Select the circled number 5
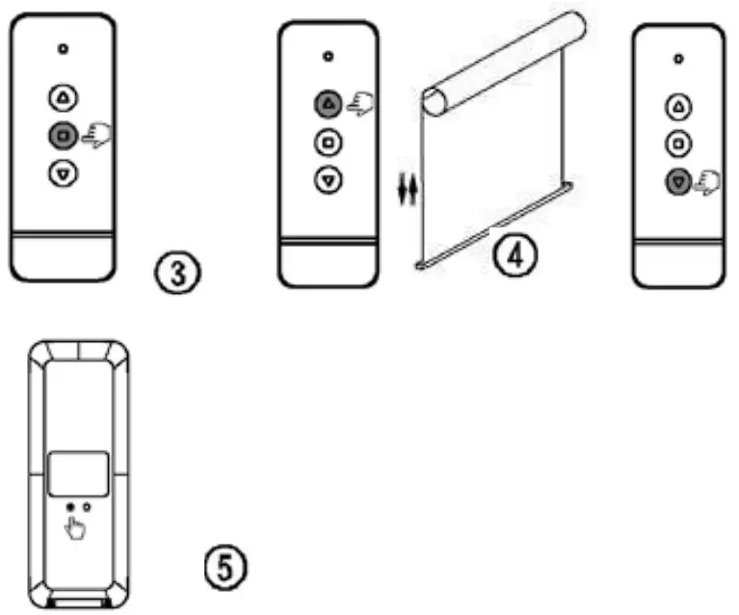(x=227, y=566)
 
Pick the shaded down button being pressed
(x=679, y=180)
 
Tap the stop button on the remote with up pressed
(x=329, y=143)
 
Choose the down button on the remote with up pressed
(x=329, y=179)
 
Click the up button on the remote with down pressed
(x=679, y=106)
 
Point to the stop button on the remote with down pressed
(x=679, y=144)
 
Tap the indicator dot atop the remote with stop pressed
(x=63, y=47)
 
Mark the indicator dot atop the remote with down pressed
(x=679, y=60)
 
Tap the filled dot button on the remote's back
(x=70, y=506)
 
